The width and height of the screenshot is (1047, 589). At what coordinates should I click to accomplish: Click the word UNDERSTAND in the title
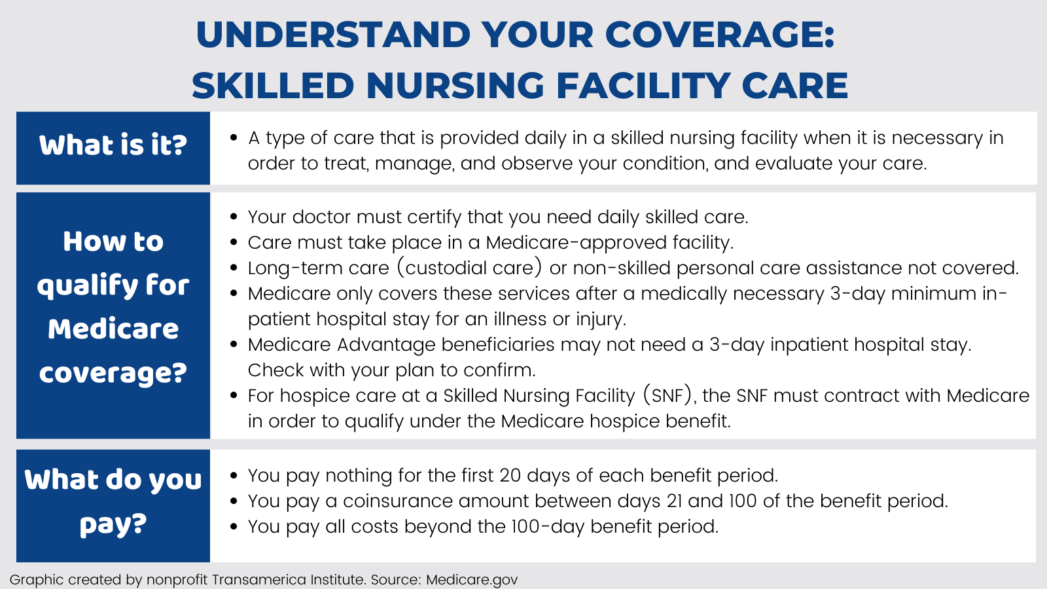(333, 35)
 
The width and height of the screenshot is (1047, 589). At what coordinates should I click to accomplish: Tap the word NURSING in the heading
(455, 86)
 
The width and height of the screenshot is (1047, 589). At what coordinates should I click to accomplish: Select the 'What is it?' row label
(113, 145)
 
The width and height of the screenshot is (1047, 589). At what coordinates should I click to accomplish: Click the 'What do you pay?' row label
(113, 501)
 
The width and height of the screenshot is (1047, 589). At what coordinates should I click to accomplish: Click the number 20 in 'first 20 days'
(510, 475)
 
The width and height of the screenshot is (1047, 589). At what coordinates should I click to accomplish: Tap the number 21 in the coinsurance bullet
(671, 501)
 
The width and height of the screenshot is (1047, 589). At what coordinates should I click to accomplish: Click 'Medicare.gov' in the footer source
(472, 580)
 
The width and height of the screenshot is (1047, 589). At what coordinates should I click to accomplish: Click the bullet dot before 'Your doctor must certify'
(234, 217)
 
